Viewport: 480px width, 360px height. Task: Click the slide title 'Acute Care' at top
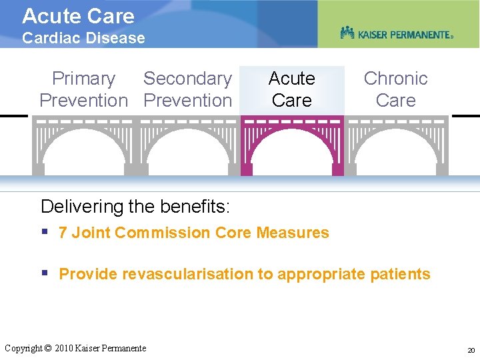(x=78, y=16)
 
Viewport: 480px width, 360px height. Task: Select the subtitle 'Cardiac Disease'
(x=83, y=38)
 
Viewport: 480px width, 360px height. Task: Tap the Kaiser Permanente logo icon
(x=347, y=33)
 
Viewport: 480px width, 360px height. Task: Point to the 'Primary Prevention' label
(x=83, y=89)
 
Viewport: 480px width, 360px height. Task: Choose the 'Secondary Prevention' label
(x=187, y=89)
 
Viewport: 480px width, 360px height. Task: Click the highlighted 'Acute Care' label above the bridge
(x=292, y=89)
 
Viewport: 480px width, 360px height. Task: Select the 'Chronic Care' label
(x=395, y=89)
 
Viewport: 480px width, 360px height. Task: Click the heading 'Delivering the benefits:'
(x=135, y=207)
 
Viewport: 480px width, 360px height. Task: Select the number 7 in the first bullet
(x=63, y=233)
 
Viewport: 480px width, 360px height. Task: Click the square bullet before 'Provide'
(x=45, y=273)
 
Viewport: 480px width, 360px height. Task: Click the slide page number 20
(x=471, y=350)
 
